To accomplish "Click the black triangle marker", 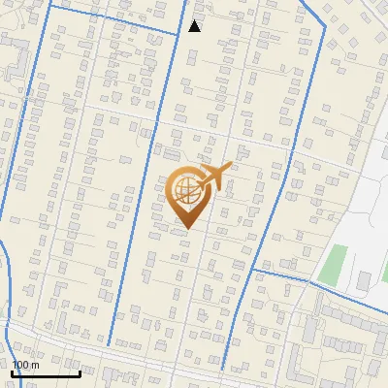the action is coord(195,26).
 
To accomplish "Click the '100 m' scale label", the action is coord(25,365).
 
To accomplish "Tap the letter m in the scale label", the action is coord(35,365).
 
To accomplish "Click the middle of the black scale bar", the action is coord(46,372).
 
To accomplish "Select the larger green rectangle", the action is coord(336,262).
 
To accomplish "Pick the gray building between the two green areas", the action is coord(363,281).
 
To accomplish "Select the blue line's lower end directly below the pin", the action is coord(222,370).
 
